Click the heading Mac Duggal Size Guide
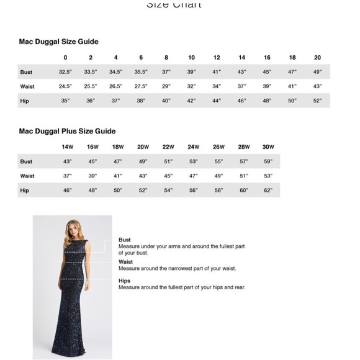[x=59, y=42]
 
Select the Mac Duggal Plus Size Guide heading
[x=67, y=131]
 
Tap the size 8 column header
[x=166, y=58]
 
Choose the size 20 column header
[x=317, y=58]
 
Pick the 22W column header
[x=168, y=147]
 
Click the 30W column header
[x=268, y=147]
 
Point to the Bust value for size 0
[x=65, y=72]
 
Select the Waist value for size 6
[x=141, y=86]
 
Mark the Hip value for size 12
[x=217, y=101]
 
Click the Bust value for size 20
[x=317, y=72]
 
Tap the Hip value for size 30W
[x=268, y=190]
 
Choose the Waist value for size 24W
[x=193, y=176]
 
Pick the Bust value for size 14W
[x=67, y=161]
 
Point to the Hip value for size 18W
[x=118, y=190]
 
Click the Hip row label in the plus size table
[x=24, y=190]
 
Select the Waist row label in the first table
[x=27, y=86]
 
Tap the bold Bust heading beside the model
[x=125, y=240]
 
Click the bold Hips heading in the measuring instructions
[x=125, y=281]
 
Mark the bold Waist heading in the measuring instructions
[x=125, y=262]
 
